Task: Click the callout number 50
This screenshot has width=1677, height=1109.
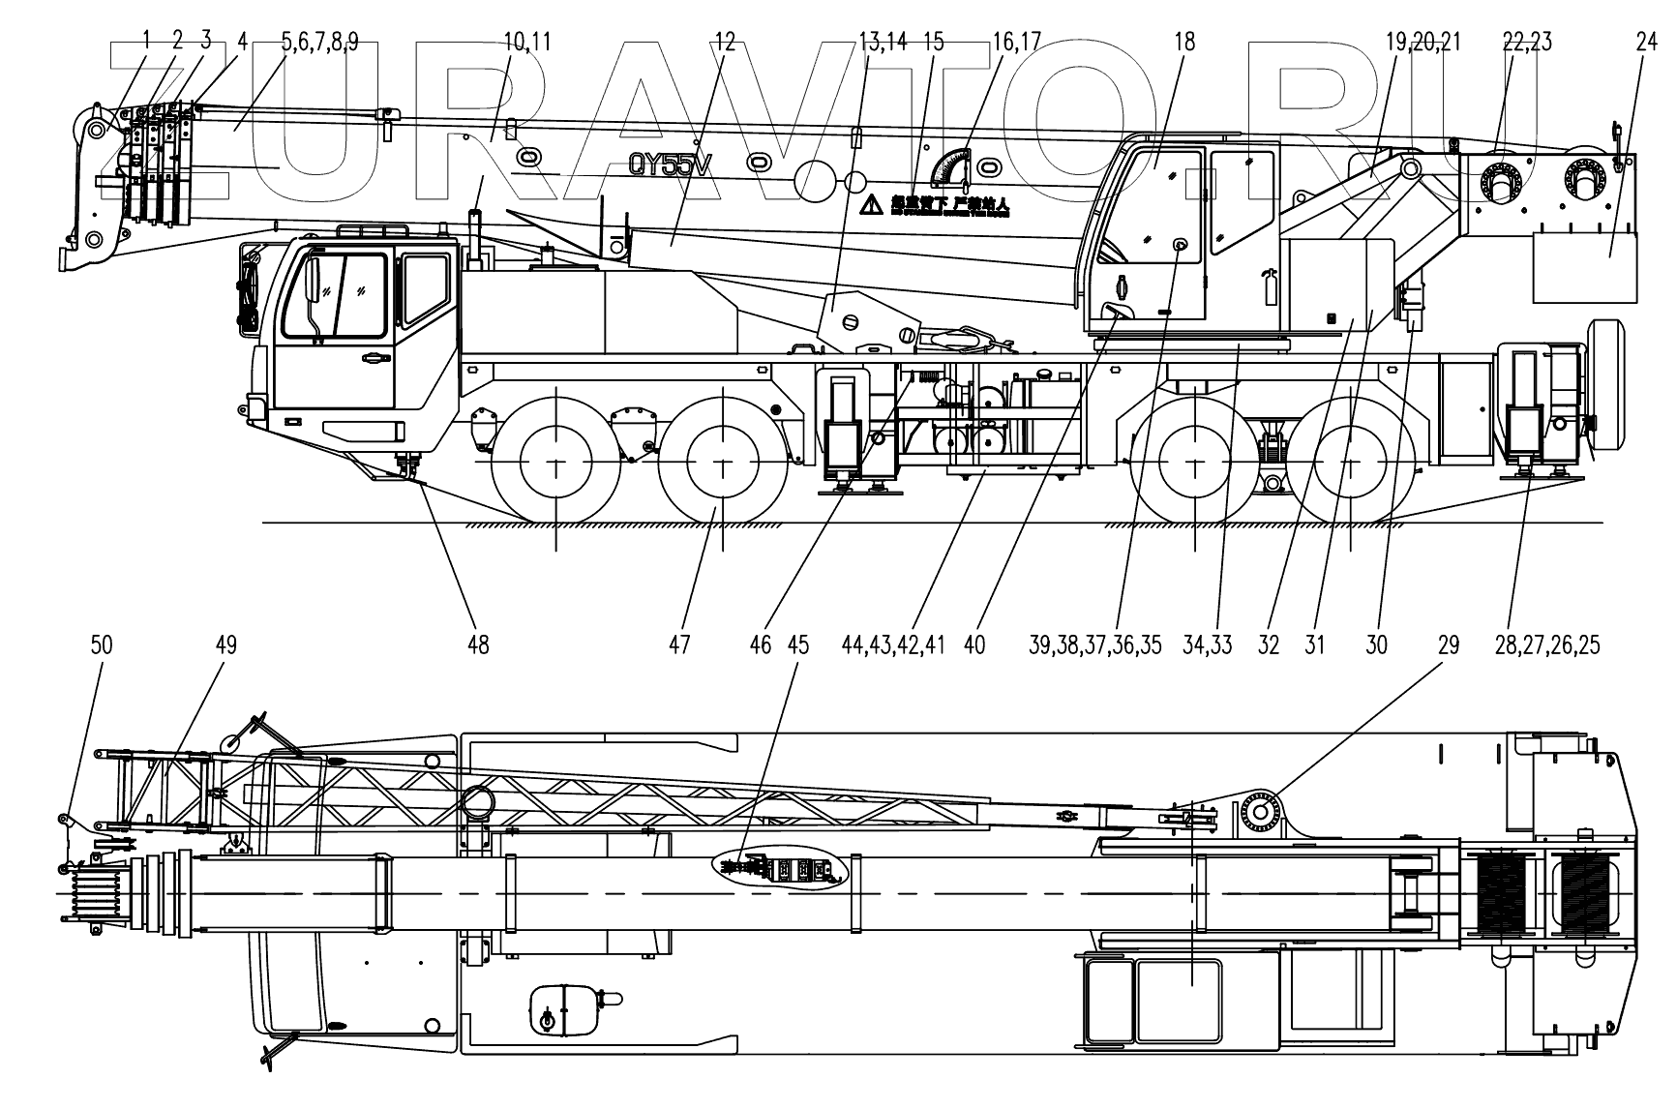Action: tap(102, 645)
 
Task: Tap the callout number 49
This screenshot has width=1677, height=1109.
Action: tap(225, 645)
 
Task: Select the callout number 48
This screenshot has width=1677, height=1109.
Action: tap(478, 645)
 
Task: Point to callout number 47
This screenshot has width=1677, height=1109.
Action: tap(679, 645)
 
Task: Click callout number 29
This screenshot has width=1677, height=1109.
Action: tap(1448, 645)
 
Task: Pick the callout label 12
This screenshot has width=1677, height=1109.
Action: tap(725, 42)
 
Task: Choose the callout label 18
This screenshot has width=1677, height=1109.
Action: tap(1184, 42)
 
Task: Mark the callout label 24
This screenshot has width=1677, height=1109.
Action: tap(1647, 42)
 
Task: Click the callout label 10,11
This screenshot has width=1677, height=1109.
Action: tap(527, 42)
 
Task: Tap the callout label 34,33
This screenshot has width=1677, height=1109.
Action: tap(1208, 645)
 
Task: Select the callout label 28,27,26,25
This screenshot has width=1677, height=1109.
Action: tap(1546, 645)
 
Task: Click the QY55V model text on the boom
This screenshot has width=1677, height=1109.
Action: tap(671, 165)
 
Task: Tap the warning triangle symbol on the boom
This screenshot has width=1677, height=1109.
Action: tap(872, 204)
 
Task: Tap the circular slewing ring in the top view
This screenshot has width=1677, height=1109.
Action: tap(1262, 811)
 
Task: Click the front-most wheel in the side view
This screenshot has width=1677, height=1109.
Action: tap(555, 465)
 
